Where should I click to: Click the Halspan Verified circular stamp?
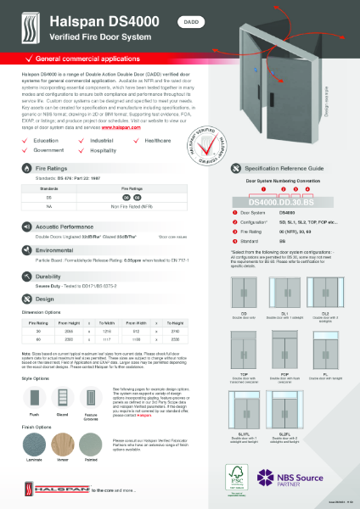211,135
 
